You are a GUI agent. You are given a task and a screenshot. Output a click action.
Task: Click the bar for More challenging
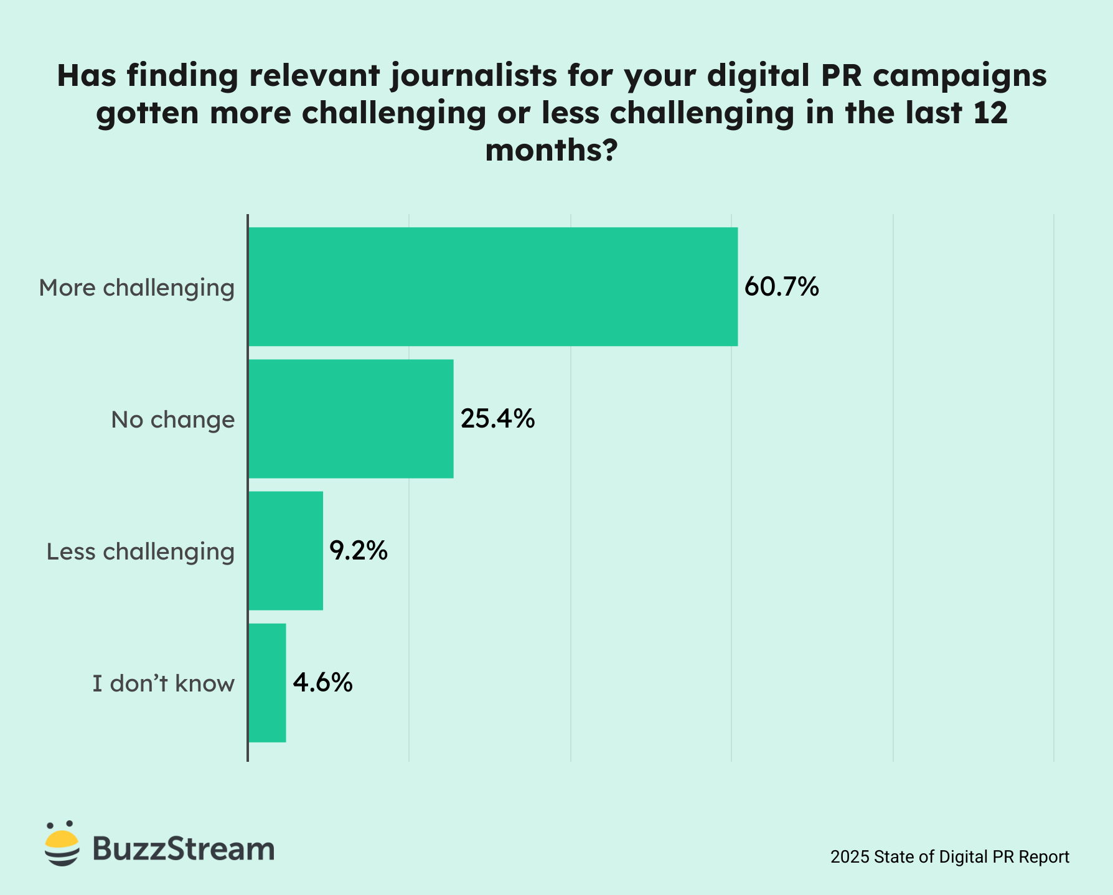[x=492, y=286]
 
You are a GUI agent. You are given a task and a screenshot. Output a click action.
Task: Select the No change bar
[x=350, y=418]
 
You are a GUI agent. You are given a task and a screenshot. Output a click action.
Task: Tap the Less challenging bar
[x=286, y=550]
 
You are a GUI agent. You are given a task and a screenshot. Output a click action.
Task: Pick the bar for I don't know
[x=267, y=683]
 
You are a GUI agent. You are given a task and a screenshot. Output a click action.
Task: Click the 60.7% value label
[x=781, y=287]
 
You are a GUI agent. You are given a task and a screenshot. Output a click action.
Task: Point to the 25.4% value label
[x=497, y=419]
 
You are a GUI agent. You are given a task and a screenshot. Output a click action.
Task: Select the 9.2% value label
[x=359, y=551]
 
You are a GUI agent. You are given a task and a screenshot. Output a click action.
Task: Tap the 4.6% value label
[x=322, y=683]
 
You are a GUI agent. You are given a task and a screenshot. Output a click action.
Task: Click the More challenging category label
[x=137, y=288]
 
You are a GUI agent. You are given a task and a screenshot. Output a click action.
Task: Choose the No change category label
[x=173, y=420]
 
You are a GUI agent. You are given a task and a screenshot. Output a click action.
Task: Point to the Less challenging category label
[x=141, y=552]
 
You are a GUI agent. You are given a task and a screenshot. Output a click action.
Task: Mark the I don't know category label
[x=164, y=684]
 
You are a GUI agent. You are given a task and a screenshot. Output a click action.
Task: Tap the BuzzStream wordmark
[x=184, y=848]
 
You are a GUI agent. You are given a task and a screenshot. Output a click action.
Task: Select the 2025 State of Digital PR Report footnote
[x=950, y=857]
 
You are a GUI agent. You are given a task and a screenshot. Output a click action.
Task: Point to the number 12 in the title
[x=990, y=113]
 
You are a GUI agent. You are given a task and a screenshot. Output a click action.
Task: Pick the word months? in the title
[x=552, y=151]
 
